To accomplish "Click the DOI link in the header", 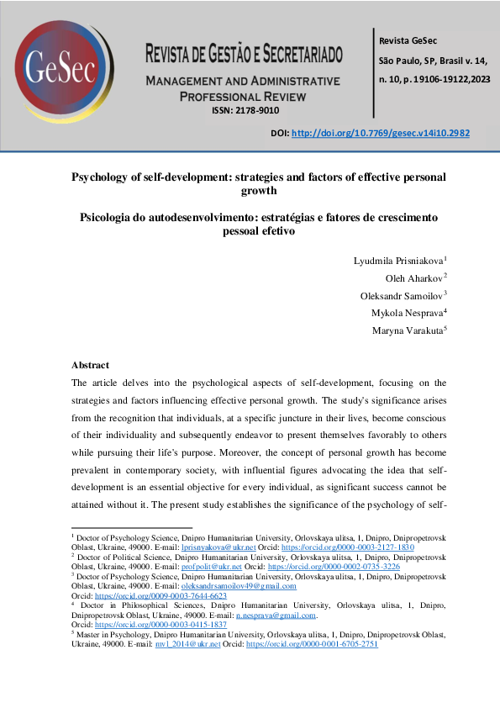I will (x=380, y=133).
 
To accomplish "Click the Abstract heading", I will (x=90, y=366).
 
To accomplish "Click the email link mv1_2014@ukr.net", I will (x=198, y=644).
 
